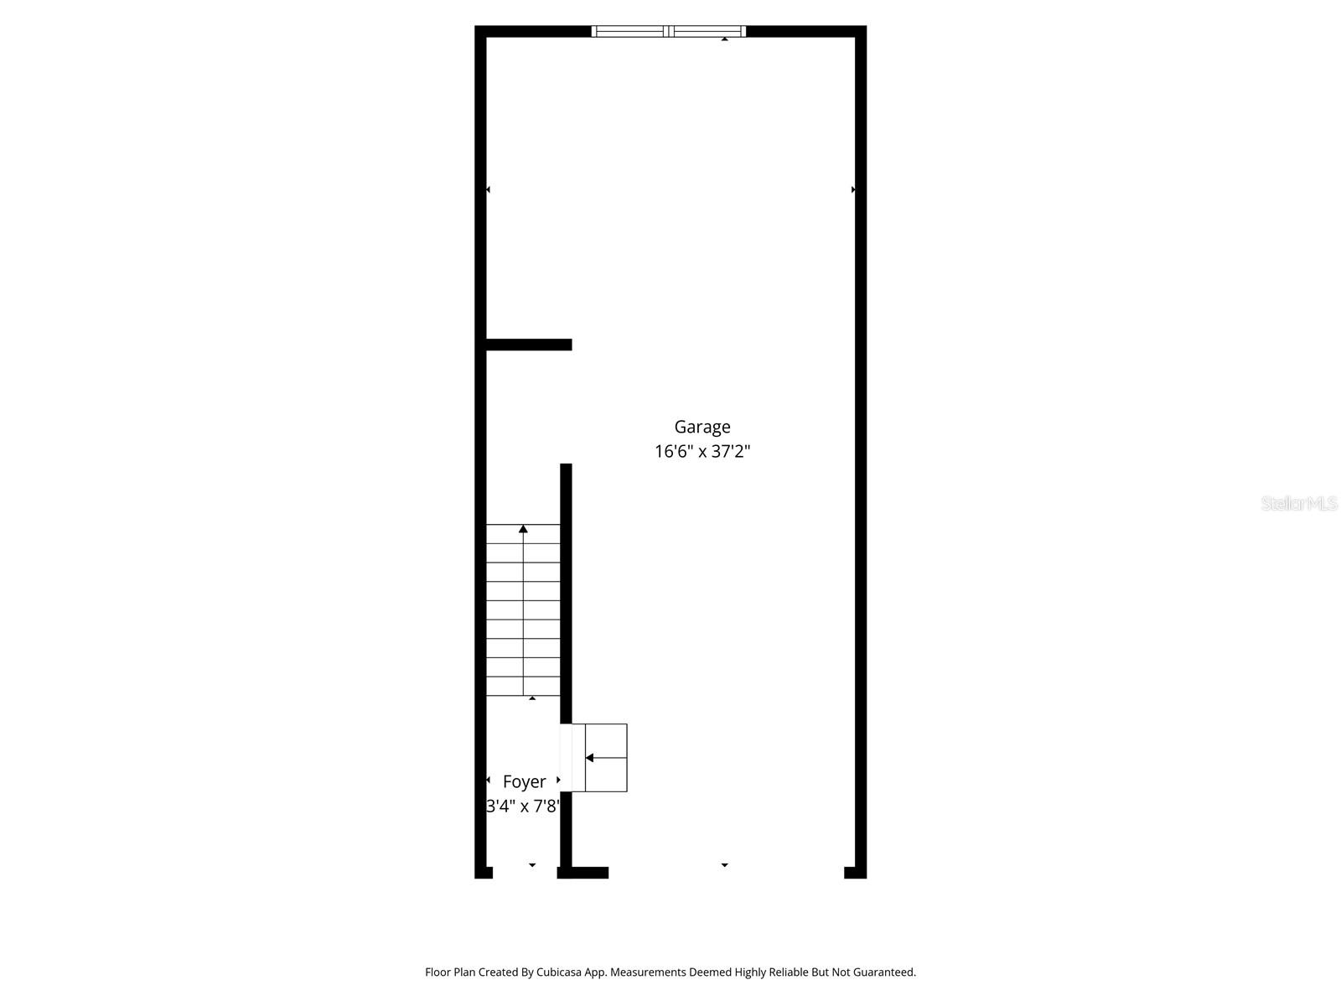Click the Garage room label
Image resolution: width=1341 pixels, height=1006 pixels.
(x=702, y=427)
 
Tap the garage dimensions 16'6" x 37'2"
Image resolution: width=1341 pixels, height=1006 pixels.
(x=702, y=452)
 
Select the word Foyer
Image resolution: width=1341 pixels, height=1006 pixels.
(x=524, y=781)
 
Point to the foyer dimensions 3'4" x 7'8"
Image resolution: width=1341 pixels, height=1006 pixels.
(x=523, y=806)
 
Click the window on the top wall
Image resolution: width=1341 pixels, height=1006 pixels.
(x=668, y=32)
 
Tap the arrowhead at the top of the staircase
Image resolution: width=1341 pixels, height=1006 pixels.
(x=523, y=529)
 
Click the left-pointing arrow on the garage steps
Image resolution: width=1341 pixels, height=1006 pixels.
(x=590, y=758)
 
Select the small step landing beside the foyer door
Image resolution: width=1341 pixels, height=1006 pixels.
(x=605, y=758)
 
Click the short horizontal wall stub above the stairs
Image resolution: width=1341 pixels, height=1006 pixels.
(x=529, y=345)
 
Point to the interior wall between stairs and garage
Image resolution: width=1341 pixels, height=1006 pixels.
(x=566, y=587)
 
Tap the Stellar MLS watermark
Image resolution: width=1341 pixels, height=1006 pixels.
(x=1299, y=503)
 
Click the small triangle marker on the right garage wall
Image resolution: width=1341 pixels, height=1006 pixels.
(x=853, y=189)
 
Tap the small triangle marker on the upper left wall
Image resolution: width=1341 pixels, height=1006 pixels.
(x=488, y=189)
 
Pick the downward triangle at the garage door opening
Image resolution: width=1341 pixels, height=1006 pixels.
(x=724, y=864)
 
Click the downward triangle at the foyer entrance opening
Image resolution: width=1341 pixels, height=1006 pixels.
(x=532, y=864)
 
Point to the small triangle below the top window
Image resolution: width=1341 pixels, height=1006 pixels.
(x=724, y=39)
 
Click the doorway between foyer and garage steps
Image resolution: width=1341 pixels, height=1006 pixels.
(x=567, y=758)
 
